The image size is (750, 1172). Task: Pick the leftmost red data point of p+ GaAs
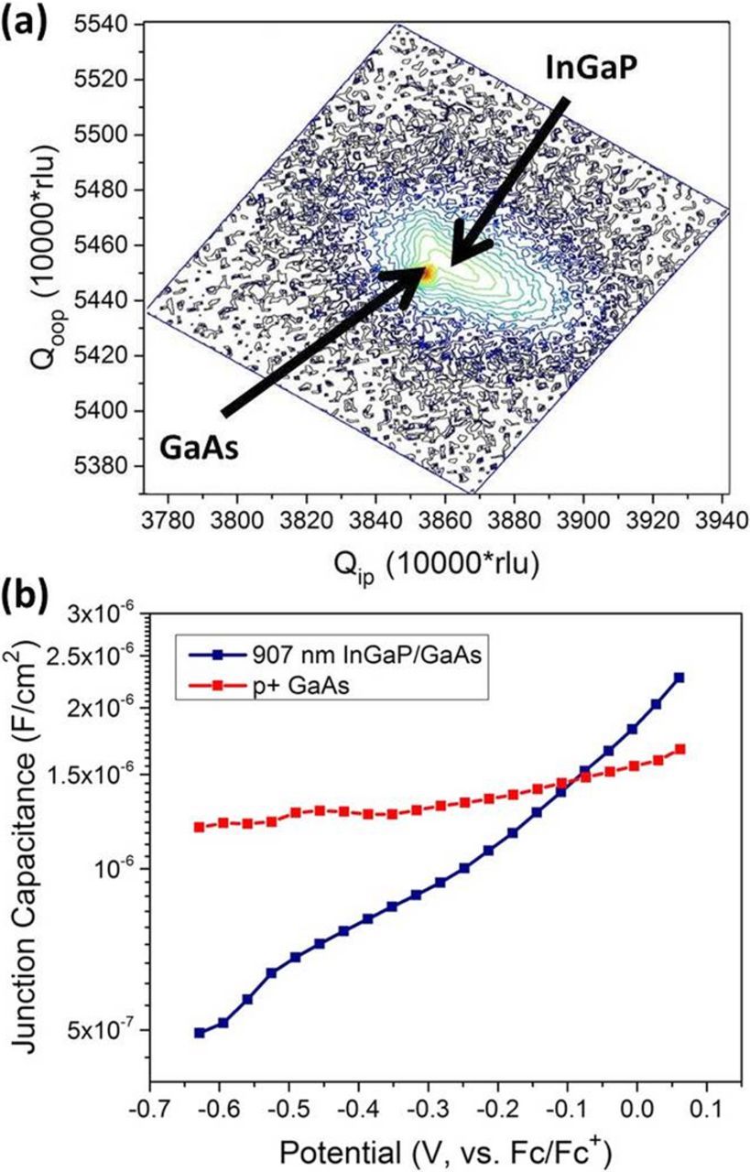click(199, 827)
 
